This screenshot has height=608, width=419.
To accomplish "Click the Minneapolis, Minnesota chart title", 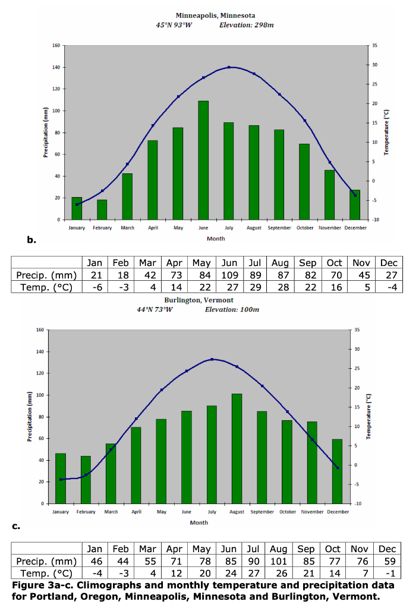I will tap(216, 15).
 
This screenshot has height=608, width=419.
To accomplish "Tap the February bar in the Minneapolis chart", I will tap(102, 209).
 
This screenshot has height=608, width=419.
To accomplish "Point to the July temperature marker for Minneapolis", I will tap(229, 67).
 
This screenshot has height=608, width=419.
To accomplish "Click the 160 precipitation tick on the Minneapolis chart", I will tap(56, 45).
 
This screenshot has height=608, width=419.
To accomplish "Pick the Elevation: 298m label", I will tap(246, 25).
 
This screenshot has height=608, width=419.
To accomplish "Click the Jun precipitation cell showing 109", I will tap(229, 275).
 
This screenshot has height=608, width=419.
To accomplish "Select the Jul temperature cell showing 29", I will tap(255, 288).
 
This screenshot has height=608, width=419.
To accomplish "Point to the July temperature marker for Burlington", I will tap(212, 359).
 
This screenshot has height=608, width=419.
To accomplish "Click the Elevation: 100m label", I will tap(232, 309).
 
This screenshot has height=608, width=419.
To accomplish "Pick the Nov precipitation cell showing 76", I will tap(361, 561).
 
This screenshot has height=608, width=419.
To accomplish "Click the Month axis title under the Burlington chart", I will tap(199, 522).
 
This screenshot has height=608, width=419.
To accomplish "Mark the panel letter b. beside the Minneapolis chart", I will tap(31, 240).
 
